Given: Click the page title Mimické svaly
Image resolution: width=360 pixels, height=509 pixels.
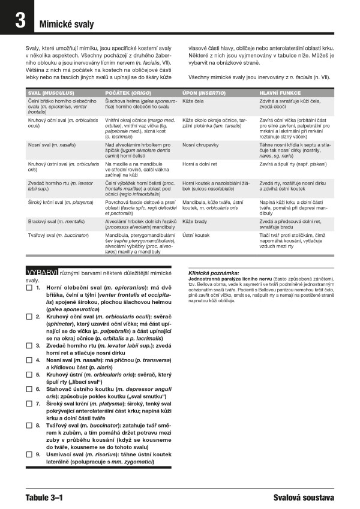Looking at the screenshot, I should [x=67, y=25].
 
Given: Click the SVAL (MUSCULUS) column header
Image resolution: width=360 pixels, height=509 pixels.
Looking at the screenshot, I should [x=51, y=93].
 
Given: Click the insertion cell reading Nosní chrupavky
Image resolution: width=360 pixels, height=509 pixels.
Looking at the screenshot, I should [x=201, y=145].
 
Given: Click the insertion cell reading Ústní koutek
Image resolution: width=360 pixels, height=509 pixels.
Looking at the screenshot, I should [x=196, y=236].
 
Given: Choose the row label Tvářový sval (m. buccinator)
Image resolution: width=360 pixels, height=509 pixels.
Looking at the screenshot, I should [x=58, y=236].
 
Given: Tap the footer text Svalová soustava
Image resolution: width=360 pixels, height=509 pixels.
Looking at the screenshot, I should [x=303, y=498].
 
